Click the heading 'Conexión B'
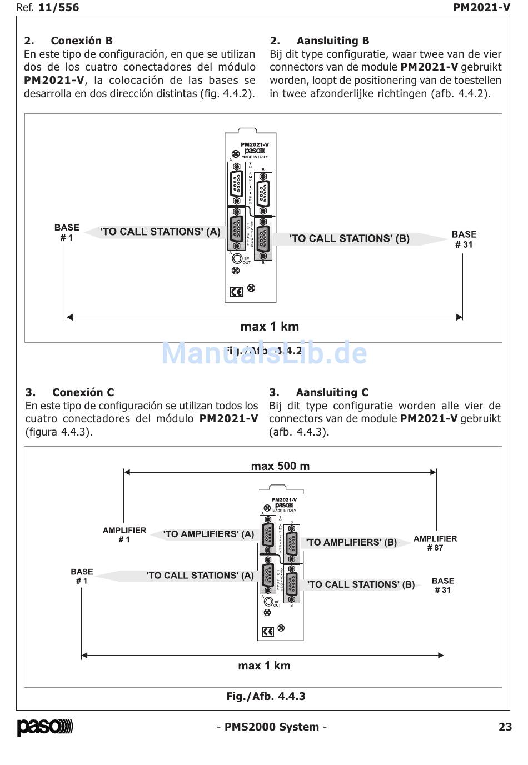pyautogui.click(x=81, y=41)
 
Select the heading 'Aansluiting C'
pyautogui.click(x=332, y=392)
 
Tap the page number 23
pyautogui.click(x=505, y=727)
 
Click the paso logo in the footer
pyautogui.click(x=44, y=727)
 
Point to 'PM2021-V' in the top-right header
pyautogui.click(x=481, y=7)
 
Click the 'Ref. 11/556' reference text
pyautogui.click(x=48, y=7)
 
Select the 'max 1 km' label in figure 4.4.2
pyautogui.click(x=270, y=327)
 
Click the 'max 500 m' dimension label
pyautogui.click(x=280, y=466)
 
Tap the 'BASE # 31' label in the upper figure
pyautogui.click(x=464, y=239)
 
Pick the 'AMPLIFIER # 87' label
pyautogui.click(x=435, y=543)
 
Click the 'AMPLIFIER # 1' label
pyautogui.click(x=124, y=535)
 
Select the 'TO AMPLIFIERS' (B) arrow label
pyautogui.click(x=351, y=542)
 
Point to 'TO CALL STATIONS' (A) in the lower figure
pyautogui.click(x=200, y=576)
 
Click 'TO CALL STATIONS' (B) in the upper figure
pyautogui.click(x=350, y=239)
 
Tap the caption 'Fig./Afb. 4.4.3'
pyautogui.click(x=266, y=696)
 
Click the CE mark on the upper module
pyautogui.click(x=236, y=292)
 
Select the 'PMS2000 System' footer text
pyautogui.click(x=272, y=727)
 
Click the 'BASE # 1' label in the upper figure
pyautogui.click(x=67, y=232)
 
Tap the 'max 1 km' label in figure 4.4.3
pyautogui.click(x=264, y=666)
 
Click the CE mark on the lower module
pyautogui.click(x=268, y=632)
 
